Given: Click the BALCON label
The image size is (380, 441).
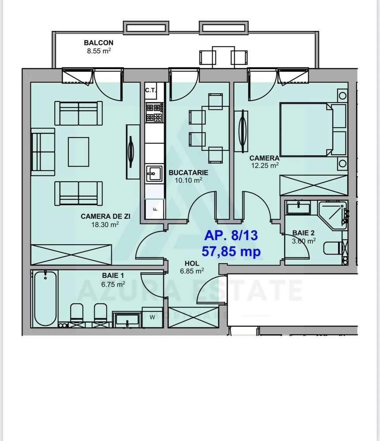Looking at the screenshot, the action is click(x=98, y=43).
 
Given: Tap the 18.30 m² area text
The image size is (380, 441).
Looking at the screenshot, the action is click(x=105, y=224).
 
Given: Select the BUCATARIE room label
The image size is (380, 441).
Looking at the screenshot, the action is click(x=188, y=173).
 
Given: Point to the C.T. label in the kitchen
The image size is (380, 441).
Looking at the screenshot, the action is click(x=151, y=90).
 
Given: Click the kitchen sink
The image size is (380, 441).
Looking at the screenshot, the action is click(x=154, y=174).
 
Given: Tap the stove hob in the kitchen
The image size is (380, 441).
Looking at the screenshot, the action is click(x=154, y=112).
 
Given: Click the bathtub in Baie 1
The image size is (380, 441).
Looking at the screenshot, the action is click(x=45, y=299).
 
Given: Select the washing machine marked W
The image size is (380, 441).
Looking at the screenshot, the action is click(x=152, y=317).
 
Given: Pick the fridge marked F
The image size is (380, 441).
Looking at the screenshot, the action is click(x=154, y=209).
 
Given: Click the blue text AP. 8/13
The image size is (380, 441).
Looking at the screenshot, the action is click(x=231, y=235).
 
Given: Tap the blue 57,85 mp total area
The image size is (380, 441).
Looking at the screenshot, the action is click(x=231, y=251).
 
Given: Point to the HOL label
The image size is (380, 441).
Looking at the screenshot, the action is click(x=192, y=264).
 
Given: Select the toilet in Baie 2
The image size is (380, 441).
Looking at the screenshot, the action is click(x=333, y=248).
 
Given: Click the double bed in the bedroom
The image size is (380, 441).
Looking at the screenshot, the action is click(x=312, y=130).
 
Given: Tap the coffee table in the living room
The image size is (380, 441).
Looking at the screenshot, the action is click(x=79, y=152).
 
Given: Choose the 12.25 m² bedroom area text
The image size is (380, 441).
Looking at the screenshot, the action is click(x=265, y=165).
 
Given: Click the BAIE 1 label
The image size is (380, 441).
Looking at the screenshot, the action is click(x=113, y=276).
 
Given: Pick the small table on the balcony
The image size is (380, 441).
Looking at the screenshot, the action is click(x=223, y=57).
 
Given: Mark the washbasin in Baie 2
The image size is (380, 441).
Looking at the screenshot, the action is click(x=298, y=209).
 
